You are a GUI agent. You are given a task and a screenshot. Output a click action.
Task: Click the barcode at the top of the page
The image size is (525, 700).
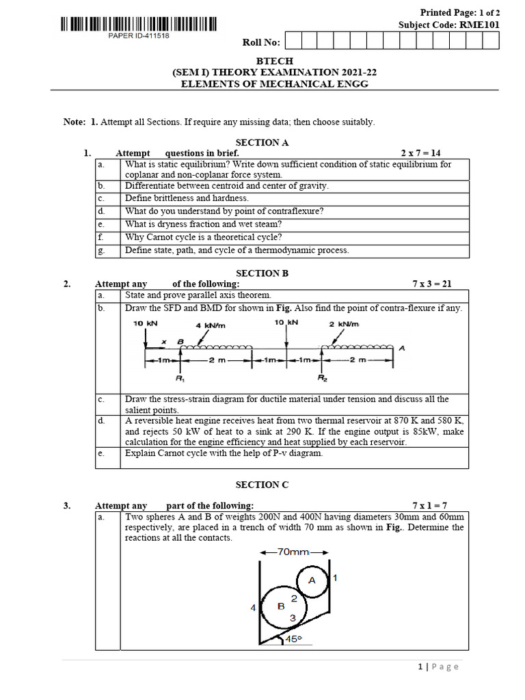139,25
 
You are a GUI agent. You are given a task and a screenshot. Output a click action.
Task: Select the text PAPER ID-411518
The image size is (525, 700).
139,36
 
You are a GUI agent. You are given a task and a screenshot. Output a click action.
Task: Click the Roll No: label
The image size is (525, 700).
261,42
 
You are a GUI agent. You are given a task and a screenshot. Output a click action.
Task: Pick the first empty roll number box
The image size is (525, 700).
292,42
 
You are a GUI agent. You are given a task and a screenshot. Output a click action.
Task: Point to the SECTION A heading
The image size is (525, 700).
262,142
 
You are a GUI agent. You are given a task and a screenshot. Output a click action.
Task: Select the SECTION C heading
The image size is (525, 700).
262,485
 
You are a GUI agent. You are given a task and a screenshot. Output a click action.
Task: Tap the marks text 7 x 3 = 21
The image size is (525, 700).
432,284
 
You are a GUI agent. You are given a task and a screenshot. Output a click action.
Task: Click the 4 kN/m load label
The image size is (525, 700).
208,325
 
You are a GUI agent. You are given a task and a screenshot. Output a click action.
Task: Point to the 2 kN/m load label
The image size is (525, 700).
344,324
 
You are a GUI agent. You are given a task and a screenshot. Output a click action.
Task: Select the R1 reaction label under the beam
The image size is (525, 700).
179,377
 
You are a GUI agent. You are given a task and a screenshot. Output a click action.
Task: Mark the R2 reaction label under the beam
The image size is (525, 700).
321,377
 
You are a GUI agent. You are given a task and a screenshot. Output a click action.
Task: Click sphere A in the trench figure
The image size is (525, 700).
312,580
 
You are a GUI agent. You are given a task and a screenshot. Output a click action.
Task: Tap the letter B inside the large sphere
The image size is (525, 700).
280,606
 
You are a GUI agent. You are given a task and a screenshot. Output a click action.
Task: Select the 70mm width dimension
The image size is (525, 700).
295,552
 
